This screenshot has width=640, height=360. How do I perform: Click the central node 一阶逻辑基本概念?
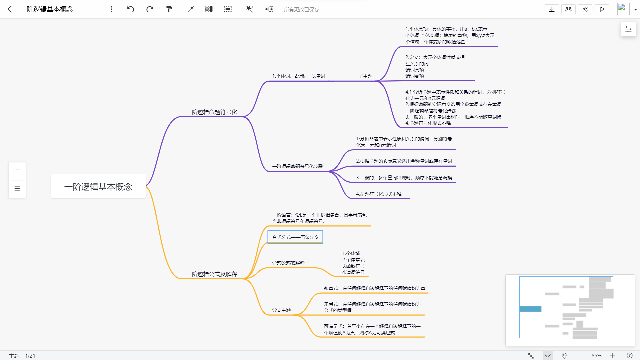(x=98, y=187)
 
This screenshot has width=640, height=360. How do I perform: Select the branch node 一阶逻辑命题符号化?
(x=212, y=112)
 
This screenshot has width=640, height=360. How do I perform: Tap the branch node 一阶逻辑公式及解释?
(x=212, y=274)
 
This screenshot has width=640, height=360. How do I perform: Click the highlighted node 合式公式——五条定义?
(x=295, y=237)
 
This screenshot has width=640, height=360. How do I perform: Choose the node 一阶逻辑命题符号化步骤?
(x=297, y=166)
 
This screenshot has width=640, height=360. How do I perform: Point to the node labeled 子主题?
(x=365, y=76)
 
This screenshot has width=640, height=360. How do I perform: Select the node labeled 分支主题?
(x=281, y=310)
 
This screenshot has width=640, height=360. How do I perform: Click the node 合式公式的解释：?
(x=289, y=263)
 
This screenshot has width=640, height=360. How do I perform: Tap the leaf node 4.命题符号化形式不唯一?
(x=381, y=194)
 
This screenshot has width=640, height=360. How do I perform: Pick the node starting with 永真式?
(x=374, y=288)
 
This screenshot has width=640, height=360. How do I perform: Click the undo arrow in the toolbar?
(x=131, y=9)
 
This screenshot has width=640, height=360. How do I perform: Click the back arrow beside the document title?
(x=10, y=9)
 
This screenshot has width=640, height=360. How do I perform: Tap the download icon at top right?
(x=552, y=9)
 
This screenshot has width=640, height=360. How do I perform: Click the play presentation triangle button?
(x=602, y=9)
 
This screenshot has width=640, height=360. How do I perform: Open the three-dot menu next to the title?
(x=111, y=9)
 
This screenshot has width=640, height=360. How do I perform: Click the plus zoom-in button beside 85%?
(x=612, y=356)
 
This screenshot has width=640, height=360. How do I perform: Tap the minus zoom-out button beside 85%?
(x=581, y=356)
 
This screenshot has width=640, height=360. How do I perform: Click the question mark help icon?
(x=629, y=356)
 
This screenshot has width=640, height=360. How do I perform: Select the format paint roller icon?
(x=169, y=9)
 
